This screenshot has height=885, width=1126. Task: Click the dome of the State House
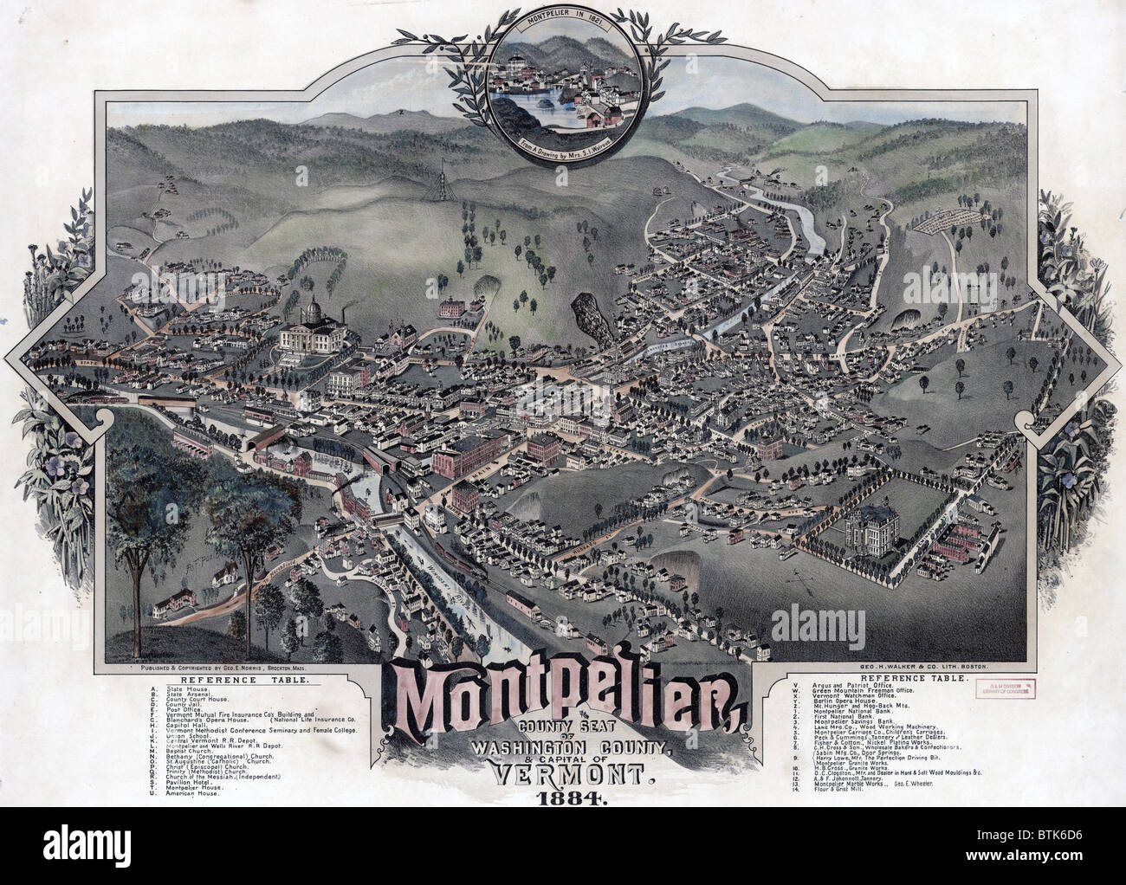[x=309, y=310]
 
